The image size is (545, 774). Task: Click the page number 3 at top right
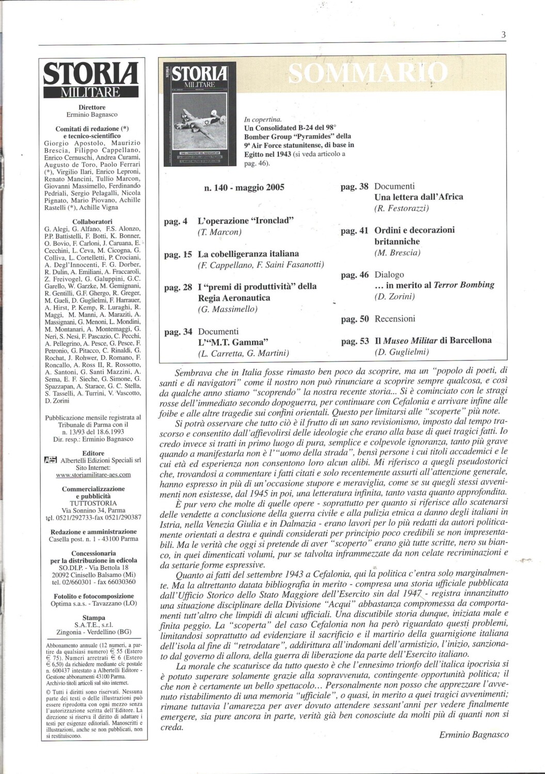point(503,35)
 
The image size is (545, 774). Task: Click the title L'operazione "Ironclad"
point(246,221)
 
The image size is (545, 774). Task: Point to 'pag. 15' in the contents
point(178,254)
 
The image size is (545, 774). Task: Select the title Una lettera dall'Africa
point(419,197)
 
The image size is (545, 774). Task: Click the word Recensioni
point(395,319)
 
